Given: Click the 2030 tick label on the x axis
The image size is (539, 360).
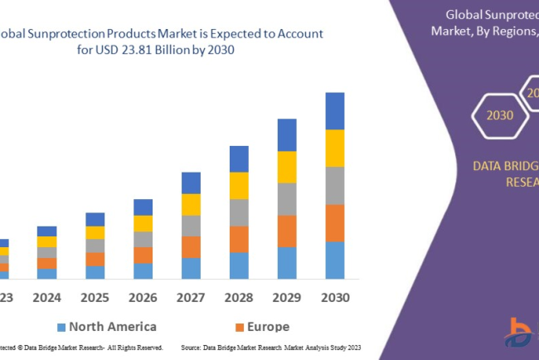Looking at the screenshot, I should pyautogui.click(x=334, y=297).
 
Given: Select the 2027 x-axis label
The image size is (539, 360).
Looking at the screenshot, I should pyautogui.click(x=191, y=297).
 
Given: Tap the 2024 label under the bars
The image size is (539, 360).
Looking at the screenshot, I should pyautogui.click(x=47, y=297).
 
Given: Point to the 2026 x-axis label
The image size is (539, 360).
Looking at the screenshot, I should pyautogui.click(x=143, y=297).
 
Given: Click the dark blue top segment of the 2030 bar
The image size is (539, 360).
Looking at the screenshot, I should pyautogui.click(x=334, y=110).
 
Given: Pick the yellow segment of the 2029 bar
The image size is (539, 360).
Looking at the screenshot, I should pyautogui.click(x=286, y=167).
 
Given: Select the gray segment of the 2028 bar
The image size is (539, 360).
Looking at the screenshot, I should pyautogui.click(x=239, y=212).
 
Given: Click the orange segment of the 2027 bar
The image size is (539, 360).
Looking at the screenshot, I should pyautogui.click(x=191, y=247).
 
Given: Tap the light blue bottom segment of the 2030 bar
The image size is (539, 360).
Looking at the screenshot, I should pyautogui.click(x=334, y=260).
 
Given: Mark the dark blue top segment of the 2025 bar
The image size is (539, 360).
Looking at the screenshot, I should pyautogui.click(x=95, y=219).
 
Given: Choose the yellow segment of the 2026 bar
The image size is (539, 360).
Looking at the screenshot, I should pyautogui.click(x=143, y=223).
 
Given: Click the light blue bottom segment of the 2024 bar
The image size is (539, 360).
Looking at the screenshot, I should pyautogui.click(x=47, y=274).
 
